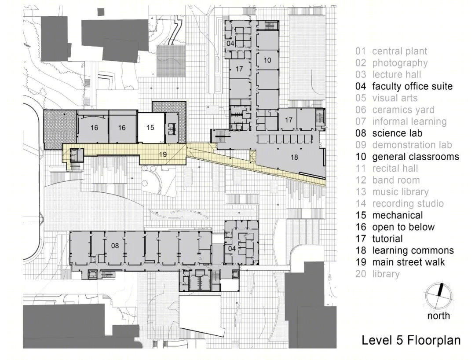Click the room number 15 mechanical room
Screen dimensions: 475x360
pyautogui.click(x=150, y=128)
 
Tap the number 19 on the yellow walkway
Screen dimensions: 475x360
pyautogui.click(x=163, y=154)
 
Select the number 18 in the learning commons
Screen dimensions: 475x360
pyautogui.click(x=294, y=157)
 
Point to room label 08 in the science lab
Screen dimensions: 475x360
pyautogui.click(x=115, y=246)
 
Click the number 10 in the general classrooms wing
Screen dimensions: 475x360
pyautogui.click(x=267, y=60)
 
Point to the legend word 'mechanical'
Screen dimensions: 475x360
pyautogui.click(x=398, y=216)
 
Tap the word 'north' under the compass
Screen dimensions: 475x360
pyautogui.click(x=438, y=316)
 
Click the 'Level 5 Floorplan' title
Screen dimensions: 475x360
pyautogui.click(x=411, y=340)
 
